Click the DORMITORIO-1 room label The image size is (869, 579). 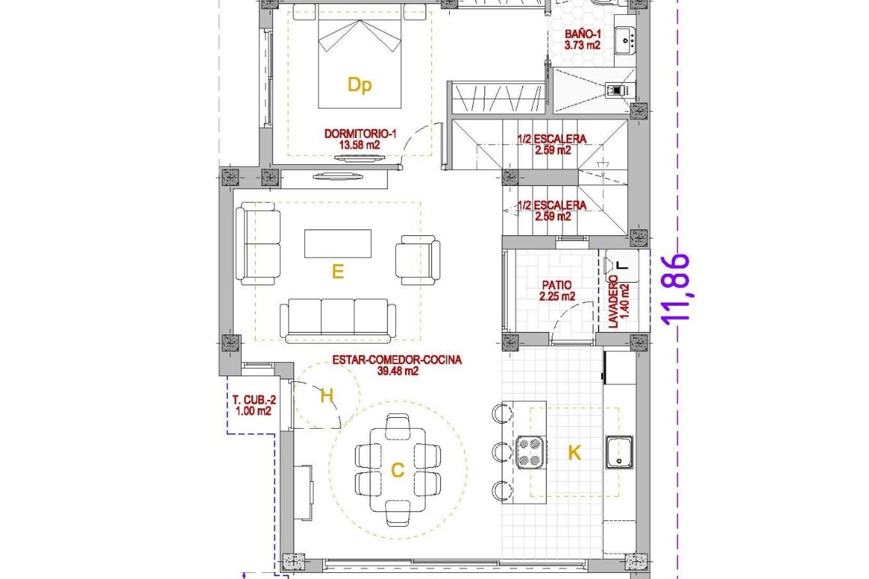[360, 139]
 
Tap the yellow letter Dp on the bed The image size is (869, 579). [359, 85]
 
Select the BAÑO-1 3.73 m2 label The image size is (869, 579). [583, 39]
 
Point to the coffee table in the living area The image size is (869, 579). [338, 243]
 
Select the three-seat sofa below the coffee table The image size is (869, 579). [338, 318]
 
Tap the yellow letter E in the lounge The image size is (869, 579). [338, 271]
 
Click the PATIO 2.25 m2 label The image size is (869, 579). [557, 290]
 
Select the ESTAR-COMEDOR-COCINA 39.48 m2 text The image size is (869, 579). [397, 365]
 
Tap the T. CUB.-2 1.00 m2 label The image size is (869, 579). [253, 405]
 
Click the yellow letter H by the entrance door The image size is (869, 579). [326, 396]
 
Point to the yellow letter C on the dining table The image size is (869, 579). [397, 470]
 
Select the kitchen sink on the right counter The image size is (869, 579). [619, 452]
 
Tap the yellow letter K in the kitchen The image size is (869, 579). [574, 452]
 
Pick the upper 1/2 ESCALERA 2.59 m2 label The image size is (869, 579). [552, 144]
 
